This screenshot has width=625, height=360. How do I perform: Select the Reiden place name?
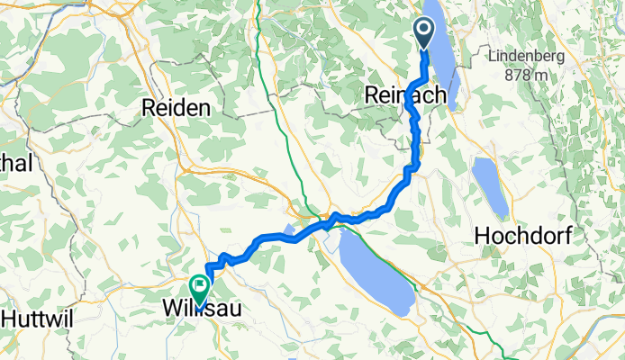[177, 108]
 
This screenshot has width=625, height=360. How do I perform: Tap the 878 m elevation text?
[527, 75]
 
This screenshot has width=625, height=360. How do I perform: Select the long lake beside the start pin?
[443, 54]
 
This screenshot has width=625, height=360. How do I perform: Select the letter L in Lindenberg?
[494, 56]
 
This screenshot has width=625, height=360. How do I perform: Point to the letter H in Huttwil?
[8, 317]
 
